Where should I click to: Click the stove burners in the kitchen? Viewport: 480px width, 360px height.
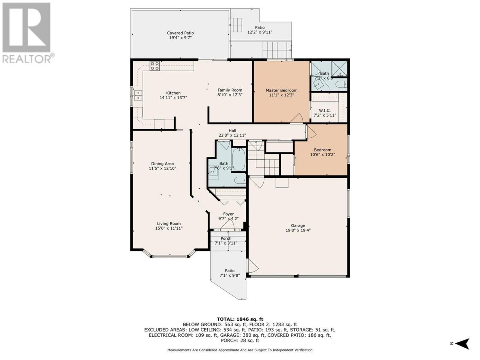coord(154,66)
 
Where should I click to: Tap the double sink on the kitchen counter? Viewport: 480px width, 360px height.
coord(138,96)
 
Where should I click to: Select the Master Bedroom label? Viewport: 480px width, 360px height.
coord(282,90)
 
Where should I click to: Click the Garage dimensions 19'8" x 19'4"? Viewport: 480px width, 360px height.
coord(298,230)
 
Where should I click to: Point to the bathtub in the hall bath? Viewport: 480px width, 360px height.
coord(238,160)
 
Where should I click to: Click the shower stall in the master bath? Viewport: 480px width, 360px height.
coord(339,68)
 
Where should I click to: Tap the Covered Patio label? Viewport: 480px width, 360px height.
coord(180,33)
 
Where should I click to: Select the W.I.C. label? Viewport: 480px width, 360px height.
coord(324,110)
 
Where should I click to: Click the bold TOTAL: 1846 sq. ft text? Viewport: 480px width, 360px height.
coord(240,319)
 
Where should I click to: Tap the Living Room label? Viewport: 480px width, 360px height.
coord(169,223)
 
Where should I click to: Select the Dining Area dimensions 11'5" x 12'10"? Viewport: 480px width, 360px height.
coord(162,168)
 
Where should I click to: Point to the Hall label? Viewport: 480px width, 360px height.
coord(232,130)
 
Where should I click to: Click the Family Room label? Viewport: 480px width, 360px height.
coord(230,90)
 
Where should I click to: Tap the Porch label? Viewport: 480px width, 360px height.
coord(226,238)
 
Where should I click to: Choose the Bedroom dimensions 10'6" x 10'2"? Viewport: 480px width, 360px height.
coord(322,154)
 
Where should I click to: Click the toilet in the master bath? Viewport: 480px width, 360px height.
coord(342,84)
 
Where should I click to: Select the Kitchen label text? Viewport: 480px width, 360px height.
coord(173,93)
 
